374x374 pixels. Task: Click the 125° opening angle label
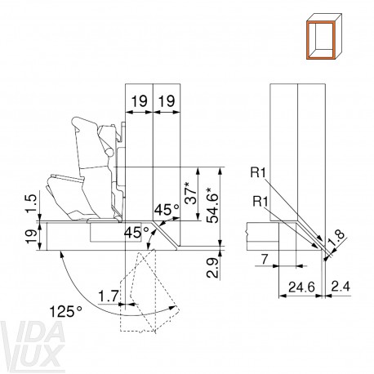(66, 311)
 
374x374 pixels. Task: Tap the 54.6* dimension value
(212, 205)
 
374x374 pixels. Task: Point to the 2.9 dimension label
(212, 268)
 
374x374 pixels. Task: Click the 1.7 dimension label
(109, 296)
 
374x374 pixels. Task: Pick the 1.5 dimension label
(32, 203)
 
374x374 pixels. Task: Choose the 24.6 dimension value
(301, 287)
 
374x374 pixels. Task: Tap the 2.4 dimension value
(340, 287)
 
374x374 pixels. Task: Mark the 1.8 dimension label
(336, 238)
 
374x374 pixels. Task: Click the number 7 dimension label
(265, 260)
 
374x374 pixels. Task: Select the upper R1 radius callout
(257, 172)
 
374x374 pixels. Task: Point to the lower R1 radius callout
(260, 202)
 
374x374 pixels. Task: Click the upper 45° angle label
(167, 210)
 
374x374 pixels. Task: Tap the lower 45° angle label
(136, 232)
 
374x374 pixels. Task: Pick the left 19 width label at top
(140, 101)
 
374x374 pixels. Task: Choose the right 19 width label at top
(167, 101)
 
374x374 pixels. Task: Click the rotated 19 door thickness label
(32, 236)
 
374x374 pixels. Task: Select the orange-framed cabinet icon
(323, 37)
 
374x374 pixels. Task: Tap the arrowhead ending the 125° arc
(172, 308)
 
